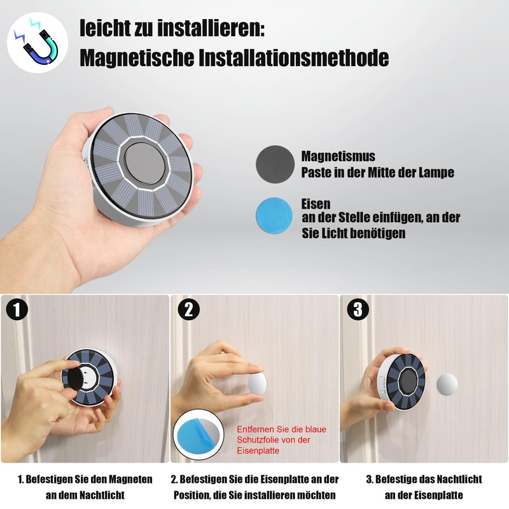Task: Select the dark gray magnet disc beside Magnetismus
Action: click(275, 164)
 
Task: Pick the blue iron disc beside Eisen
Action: click(274, 214)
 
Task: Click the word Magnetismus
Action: click(338, 157)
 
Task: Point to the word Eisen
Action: click(316, 204)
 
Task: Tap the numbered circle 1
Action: click(17, 309)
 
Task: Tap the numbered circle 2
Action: click(188, 310)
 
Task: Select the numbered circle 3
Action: click(358, 309)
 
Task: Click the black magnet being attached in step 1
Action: click(76, 377)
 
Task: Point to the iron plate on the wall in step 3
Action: click(447, 384)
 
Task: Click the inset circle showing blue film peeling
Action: click(199, 435)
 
